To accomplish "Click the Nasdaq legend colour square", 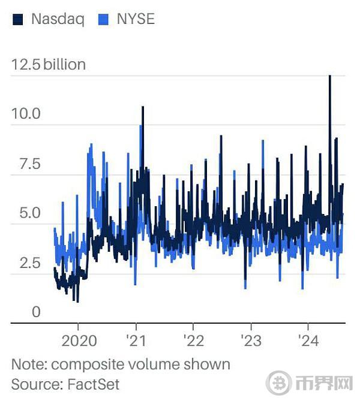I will pyautogui.click(x=18, y=19).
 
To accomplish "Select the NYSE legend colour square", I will pyautogui.click(x=103, y=19).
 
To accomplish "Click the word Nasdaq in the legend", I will pyautogui.click(x=58, y=19).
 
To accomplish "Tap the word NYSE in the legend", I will pyautogui.click(x=136, y=19).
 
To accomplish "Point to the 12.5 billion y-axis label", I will pyautogui.click(x=49, y=64).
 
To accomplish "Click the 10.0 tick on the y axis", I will pyautogui.click(x=25, y=113).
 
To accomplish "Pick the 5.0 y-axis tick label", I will pyautogui.click(x=25, y=213).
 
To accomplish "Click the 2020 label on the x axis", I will pyautogui.click(x=79, y=341).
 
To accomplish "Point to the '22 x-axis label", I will pyautogui.click(x=193, y=341).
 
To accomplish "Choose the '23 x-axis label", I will pyautogui.click(x=250, y=341).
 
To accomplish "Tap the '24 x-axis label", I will pyautogui.click(x=308, y=341).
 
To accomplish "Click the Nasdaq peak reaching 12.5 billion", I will pyautogui.click(x=329, y=77).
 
